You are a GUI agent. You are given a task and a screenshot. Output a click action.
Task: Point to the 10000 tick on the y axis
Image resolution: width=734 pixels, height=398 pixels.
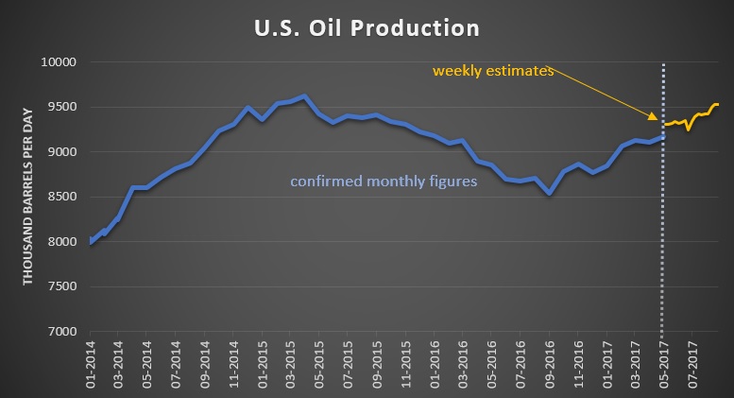(x=62, y=62)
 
